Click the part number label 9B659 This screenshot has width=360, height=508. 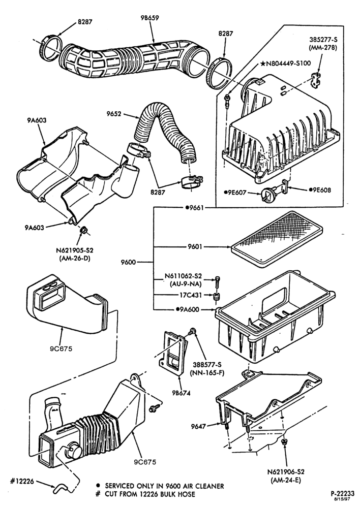[x=150, y=18]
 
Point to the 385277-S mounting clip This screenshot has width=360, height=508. [x=316, y=80]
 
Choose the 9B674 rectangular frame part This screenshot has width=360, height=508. [x=174, y=353]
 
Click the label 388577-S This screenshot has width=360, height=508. [x=207, y=365]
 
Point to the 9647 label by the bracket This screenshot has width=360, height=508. [x=198, y=426]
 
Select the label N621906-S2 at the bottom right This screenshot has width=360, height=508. [x=286, y=472]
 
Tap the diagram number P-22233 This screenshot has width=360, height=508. [x=343, y=493]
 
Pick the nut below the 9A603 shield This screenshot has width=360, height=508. [x=83, y=230]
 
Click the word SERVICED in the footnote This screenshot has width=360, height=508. [x=119, y=486]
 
